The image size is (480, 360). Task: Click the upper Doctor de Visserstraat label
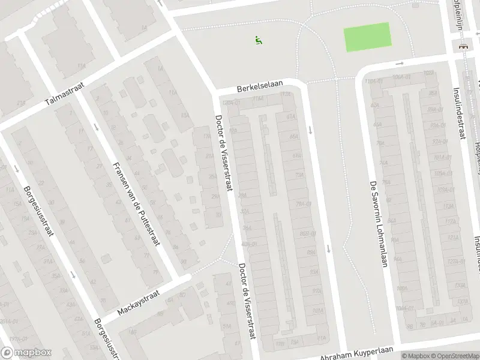223,154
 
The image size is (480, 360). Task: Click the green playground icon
258,40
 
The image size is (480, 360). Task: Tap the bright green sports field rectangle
367,36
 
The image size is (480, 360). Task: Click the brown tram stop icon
463,46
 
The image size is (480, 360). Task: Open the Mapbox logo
26,353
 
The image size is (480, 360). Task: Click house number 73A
298,175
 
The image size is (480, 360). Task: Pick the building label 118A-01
373,80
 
